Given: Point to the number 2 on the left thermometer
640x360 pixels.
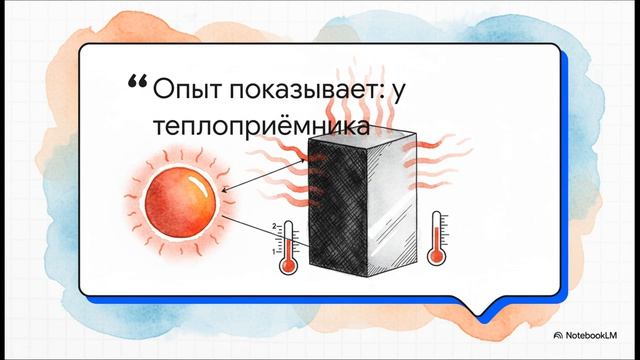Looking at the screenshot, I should pyautogui.click(x=275, y=228).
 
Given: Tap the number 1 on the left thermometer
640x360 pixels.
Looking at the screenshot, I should pyautogui.click(x=275, y=251).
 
